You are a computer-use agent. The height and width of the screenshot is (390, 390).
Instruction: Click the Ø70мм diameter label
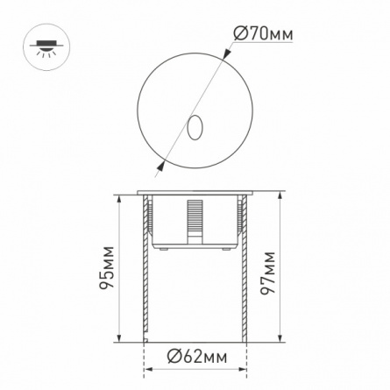point(263,34)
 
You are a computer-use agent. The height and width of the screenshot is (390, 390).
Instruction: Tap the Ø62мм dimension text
point(196,357)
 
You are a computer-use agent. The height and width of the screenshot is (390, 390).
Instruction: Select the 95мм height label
point(106,267)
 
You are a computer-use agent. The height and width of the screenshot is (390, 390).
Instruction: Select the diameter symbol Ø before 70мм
point(241,34)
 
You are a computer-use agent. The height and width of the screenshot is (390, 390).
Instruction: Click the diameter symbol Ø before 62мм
point(175,357)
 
